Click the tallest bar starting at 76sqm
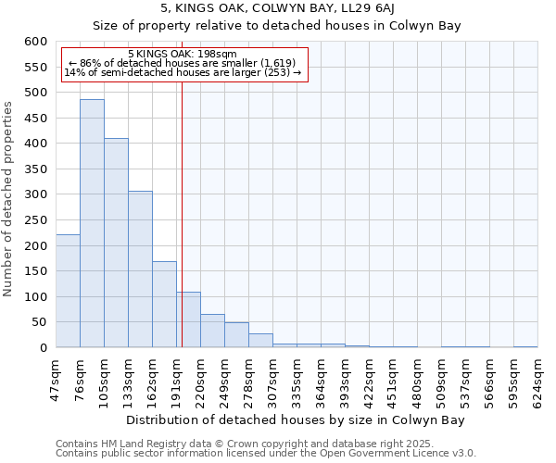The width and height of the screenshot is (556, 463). [92, 223]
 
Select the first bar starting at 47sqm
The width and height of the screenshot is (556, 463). [68, 291]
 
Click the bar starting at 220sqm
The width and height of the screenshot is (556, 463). [212, 331]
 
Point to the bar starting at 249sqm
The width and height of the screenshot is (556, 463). [236, 335]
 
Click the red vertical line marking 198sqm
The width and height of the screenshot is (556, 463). [182, 213]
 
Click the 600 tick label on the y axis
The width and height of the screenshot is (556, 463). [34, 42]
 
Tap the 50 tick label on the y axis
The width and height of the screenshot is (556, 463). [38, 322]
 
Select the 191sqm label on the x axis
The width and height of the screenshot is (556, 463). [176, 379]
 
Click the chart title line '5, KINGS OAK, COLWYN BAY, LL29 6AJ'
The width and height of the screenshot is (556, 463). [277, 9]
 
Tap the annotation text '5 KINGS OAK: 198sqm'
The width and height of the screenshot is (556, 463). [183, 55]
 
